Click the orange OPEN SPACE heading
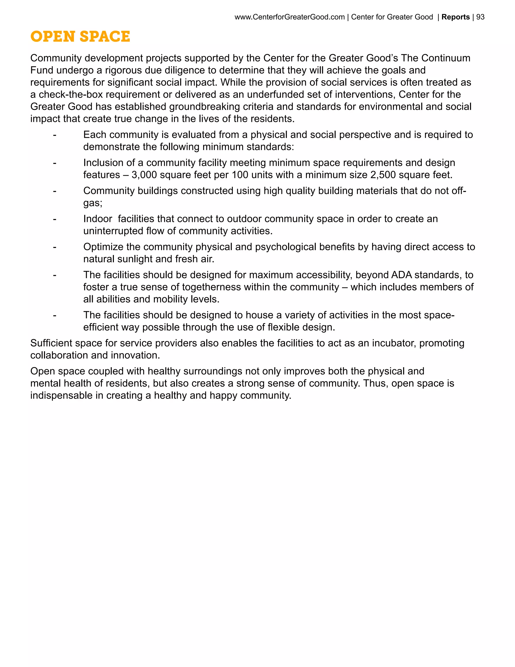point(80,37)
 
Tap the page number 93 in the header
point(480,17)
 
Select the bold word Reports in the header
point(455,17)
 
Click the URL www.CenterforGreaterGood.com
point(289,17)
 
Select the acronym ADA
point(402,275)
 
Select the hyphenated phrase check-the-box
point(71,94)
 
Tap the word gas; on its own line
point(93,203)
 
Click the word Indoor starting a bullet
point(98,219)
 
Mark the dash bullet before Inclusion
point(55,163)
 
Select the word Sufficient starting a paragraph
point(51,343)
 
